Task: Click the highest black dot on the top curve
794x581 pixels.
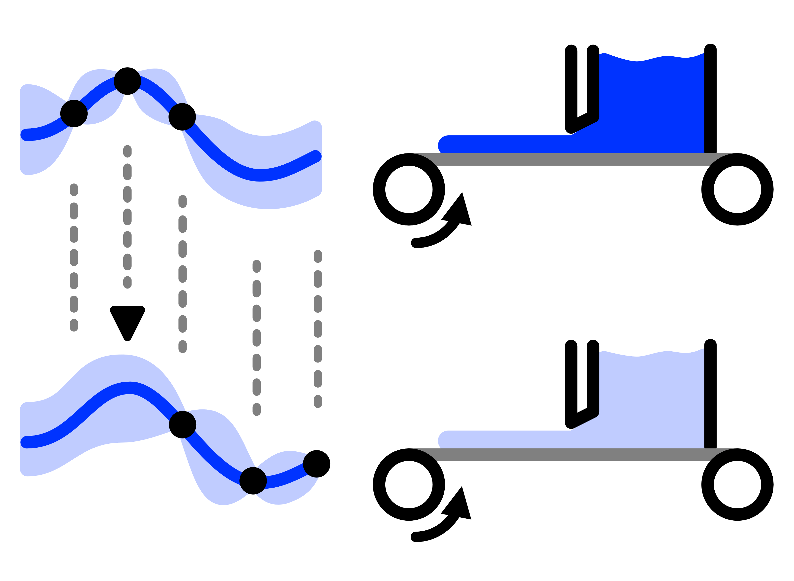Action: [127, 81]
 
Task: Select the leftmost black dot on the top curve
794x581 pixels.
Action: [74, 114]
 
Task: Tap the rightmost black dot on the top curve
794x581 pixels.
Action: [182, 117]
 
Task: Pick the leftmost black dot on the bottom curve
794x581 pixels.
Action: [182, 425]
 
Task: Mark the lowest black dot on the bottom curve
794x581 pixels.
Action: [253, 481]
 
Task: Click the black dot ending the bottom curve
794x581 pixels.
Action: [316, 464]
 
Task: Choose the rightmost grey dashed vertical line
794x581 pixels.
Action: [318, 328]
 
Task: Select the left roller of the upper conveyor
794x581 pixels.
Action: [409, 189]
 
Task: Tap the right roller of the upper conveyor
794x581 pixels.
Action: [737, 189]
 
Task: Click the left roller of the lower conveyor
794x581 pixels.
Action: [409, 484]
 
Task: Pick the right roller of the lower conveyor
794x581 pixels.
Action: [737, 484]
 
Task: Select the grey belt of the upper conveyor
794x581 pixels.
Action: [573, 159]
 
